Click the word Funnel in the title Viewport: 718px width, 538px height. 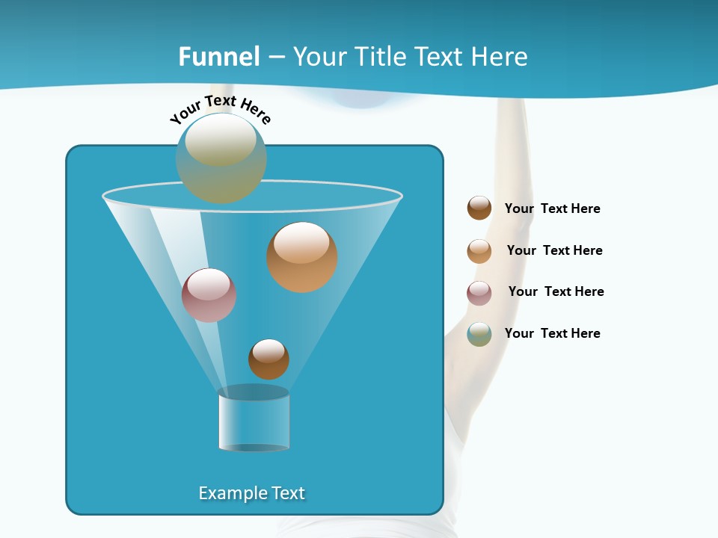point(219,57)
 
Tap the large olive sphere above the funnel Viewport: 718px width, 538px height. point(221,158)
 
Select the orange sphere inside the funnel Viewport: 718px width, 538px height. point(302,257)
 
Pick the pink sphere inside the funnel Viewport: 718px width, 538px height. point(209,295)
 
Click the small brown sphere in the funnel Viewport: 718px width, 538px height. point(269,359)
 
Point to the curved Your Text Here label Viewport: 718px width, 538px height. point(221,109)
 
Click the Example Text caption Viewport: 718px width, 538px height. point(252,493)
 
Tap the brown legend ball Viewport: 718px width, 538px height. point(479,208)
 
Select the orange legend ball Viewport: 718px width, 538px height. point(479,251)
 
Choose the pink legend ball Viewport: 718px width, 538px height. point(479,293)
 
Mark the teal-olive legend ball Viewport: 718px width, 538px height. point(479,334)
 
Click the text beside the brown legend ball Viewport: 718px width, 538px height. point(552,209)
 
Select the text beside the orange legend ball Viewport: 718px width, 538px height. point(554,251)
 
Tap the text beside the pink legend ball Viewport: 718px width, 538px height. point(556,292)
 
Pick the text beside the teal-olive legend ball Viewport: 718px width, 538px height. point(552,334)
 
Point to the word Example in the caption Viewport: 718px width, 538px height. point(230,493)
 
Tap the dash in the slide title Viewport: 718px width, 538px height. point(276,58)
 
